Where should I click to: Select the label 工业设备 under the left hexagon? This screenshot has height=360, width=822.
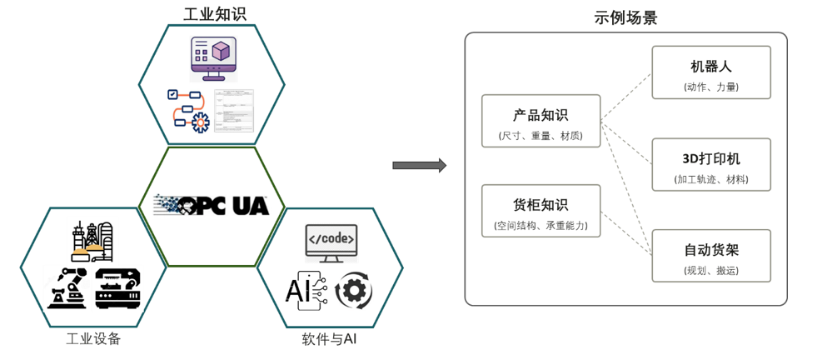93,338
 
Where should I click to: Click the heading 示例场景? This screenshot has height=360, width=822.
625,17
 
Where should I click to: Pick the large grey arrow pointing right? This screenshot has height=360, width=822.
419,165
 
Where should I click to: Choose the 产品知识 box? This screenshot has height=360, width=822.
541,121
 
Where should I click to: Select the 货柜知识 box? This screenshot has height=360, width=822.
541,211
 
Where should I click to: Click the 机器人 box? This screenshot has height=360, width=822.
710,72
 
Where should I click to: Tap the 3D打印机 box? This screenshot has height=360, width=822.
710,164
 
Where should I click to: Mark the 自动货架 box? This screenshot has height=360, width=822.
710,256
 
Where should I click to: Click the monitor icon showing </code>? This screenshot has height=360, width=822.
331,242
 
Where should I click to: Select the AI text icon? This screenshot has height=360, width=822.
305,288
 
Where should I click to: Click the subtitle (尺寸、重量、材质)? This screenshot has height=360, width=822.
541,135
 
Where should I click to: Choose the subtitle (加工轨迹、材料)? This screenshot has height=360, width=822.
710,179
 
